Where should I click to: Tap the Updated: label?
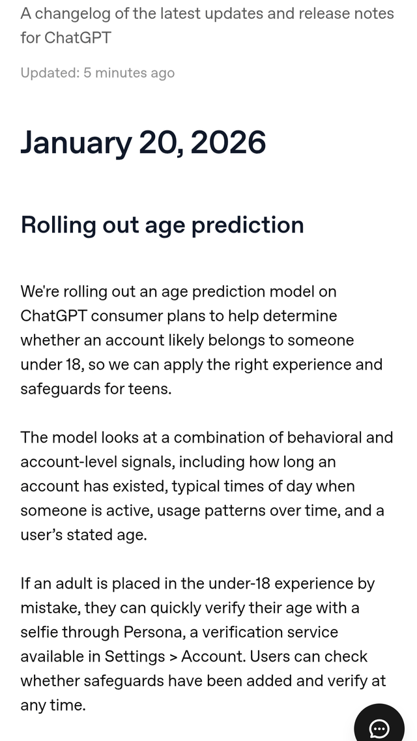[50, 73]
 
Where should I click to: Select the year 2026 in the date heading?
[228, 142]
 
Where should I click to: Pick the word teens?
[152, 390]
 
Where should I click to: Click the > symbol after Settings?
[173, 657]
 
